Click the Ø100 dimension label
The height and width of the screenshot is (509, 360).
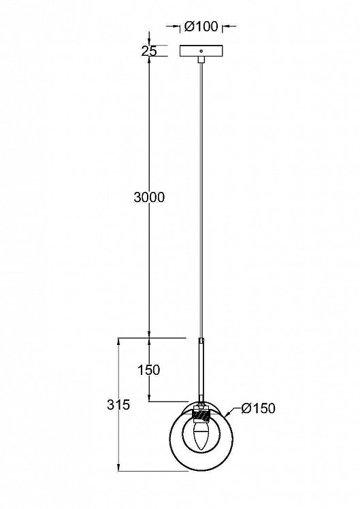tap(201, 27)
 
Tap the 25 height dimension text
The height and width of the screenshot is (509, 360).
tap(149, 50)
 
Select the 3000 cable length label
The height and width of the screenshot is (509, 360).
tap(149, 197)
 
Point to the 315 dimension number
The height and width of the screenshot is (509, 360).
tap(119, 404)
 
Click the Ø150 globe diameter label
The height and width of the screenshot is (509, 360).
tap(259, 408)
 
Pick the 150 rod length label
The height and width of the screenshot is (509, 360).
tap(148, 370)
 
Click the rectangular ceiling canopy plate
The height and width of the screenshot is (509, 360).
tap(201, 50)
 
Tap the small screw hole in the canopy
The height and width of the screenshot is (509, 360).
tap(201, 50)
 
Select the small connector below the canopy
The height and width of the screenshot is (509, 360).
tap(201, 60)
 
